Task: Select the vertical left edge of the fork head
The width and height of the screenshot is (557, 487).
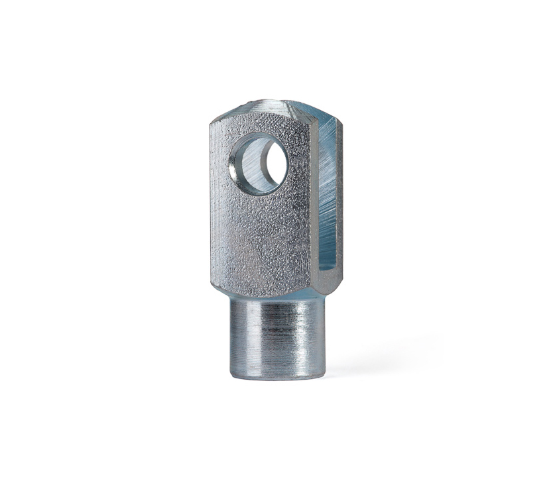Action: tap(213, 199)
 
